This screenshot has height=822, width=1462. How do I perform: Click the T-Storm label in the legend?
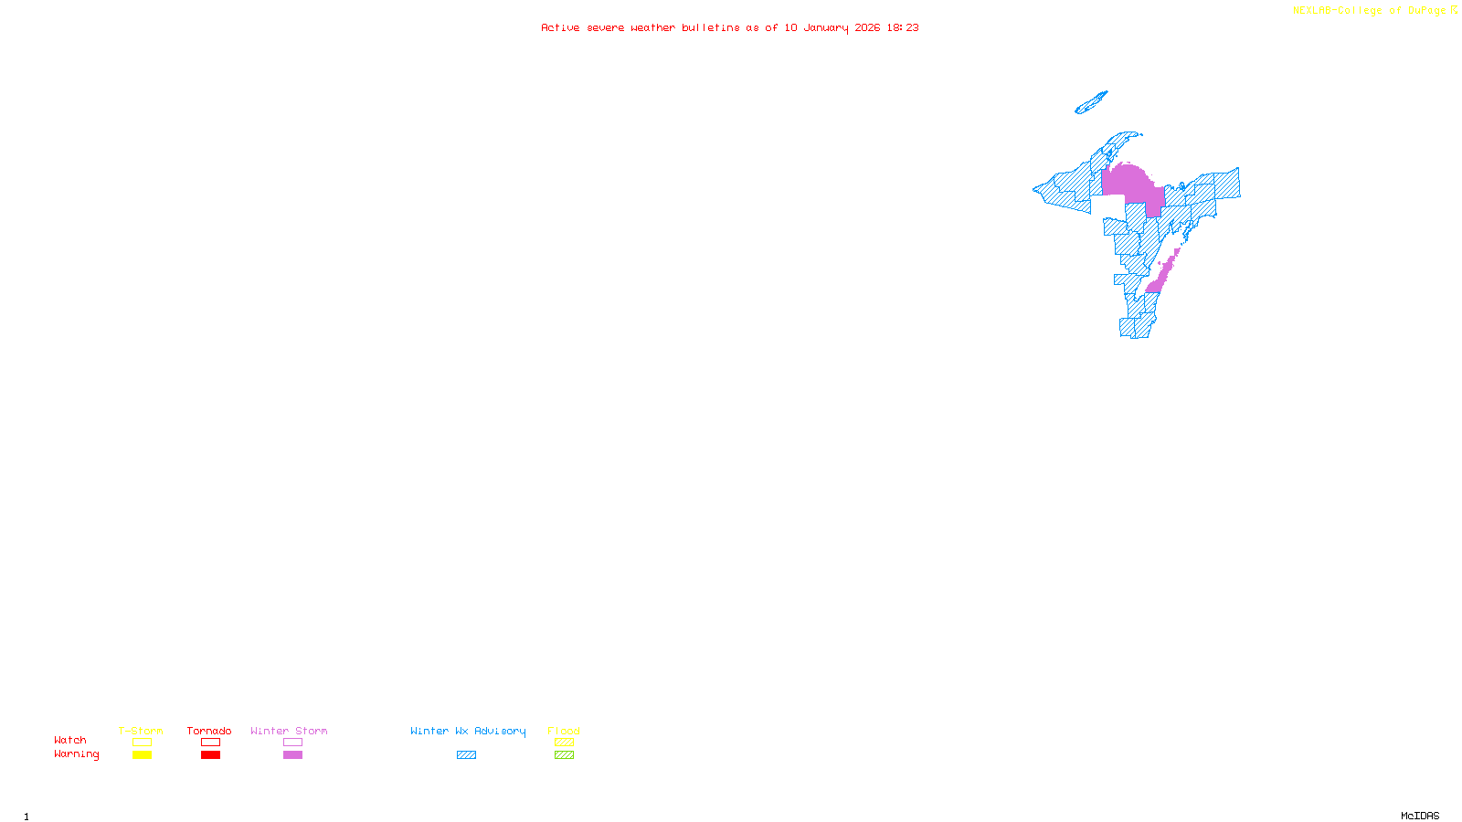(x=141, y=731)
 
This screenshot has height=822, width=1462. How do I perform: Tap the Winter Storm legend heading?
(x=289, y=731)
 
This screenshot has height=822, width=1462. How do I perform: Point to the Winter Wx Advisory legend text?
(x=468, y=731)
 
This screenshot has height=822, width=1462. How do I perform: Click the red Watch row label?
(x=70, y=740)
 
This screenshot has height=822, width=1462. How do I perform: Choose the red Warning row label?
(x=76, y=754)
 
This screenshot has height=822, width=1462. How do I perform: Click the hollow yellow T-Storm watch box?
(x=142, y=743)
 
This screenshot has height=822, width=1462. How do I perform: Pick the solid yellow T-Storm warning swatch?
(x=142, y=755)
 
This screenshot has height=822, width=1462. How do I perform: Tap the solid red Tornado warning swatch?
(x=210, y=755)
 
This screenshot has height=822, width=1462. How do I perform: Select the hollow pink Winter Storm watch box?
(x=292, y=743)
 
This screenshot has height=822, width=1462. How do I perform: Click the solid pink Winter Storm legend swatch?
(x=292, y=755)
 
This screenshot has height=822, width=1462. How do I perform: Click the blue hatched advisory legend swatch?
(x=466, y=755)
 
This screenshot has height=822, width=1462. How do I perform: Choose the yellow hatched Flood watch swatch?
(x=564, y=743)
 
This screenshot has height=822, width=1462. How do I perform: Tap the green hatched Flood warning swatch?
(x=564, y=755)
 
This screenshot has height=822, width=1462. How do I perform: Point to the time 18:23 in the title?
(x=903, y=27)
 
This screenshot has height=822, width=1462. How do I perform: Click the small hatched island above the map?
(x=1091, y=102)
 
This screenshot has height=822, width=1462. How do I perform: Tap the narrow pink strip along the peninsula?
(x=1162, y=272)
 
